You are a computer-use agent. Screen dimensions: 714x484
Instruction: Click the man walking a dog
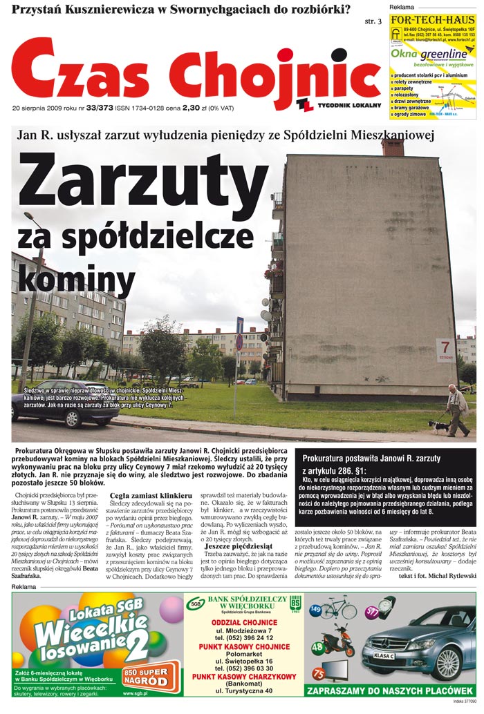[456, 409]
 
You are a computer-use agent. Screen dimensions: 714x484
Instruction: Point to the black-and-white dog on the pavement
[438, 427]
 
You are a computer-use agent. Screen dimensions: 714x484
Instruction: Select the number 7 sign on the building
[445, 347]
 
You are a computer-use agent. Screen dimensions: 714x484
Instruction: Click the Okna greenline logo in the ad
[429, 54]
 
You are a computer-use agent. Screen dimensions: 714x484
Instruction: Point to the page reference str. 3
[373, 21]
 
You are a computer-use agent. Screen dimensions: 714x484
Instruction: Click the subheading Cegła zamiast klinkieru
[151, 496]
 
